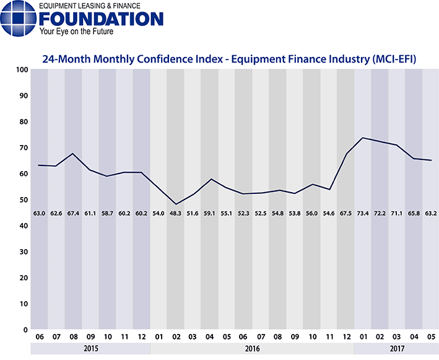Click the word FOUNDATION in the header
click(100, 19)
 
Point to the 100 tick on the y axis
click(20, 70)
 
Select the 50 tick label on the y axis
click(22, 200)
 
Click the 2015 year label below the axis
click(90, 349)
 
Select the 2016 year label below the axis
click(251, 349)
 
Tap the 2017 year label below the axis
click(396, 349)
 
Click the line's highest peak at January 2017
click(362, 138)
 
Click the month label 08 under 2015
click(73, 336)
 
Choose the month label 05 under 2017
click(430, 336)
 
